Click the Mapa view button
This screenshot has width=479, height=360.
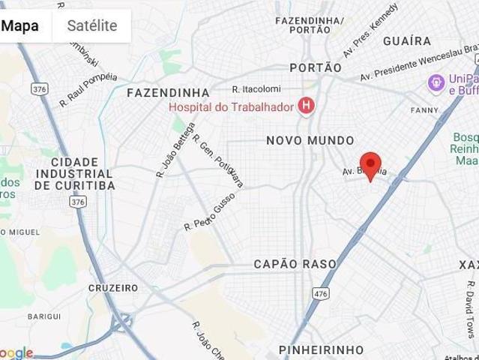click(20, 25)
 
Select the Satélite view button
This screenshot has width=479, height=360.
click(92, 25)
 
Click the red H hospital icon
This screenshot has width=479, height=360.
click(305, 106)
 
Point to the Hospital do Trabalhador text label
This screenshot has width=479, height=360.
click(231, 107)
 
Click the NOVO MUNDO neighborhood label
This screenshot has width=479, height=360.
click(310, 140)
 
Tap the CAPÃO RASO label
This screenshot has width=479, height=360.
click(295, 264)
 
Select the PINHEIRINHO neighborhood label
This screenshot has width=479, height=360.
click(321, 350)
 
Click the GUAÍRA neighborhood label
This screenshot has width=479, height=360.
click(407, 40)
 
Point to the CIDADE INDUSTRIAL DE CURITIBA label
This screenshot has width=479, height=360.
click(75, 174)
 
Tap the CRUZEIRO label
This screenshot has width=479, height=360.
click(113, 288)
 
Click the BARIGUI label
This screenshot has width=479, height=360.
click(44, 316)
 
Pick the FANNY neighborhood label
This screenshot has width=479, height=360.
click(424, 110)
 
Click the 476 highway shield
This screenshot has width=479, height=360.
click(322, 292)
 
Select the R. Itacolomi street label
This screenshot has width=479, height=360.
click(256, 88)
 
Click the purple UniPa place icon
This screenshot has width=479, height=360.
click(436, 82)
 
